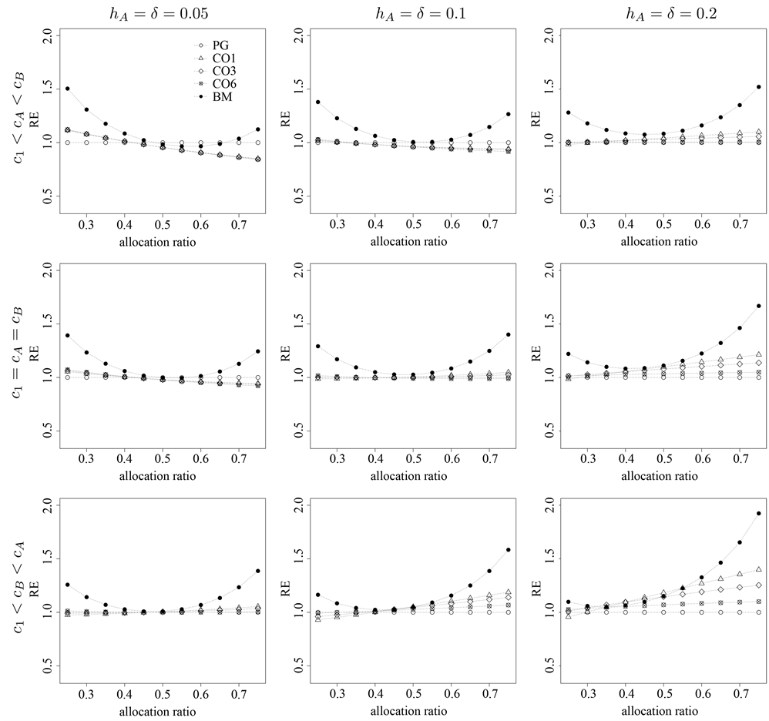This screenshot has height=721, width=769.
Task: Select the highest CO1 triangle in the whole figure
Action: pyautogui.click(x=759, y=568)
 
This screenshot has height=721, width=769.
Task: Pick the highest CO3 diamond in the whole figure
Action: pyautogui.click(x=759, y=585)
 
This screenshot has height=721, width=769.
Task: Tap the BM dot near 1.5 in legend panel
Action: pyautogui.click(x=68, y=89)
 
